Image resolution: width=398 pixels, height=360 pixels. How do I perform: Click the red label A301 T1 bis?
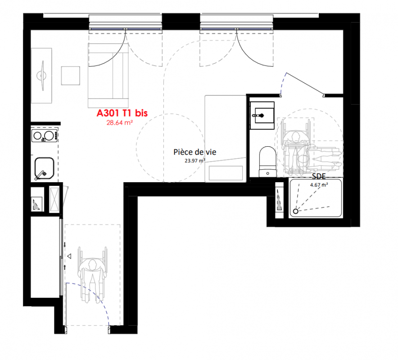coord(122,113)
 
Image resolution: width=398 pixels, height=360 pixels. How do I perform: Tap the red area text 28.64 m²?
coord(120,122)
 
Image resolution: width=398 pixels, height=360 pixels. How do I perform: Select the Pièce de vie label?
coord(194,152)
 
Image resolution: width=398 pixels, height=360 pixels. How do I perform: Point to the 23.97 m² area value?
coord(194,161)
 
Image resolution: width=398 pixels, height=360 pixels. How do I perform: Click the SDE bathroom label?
coord(319,176)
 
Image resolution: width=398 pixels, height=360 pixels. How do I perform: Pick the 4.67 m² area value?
coord(319,185)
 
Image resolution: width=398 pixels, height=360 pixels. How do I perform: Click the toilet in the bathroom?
coord(268,162)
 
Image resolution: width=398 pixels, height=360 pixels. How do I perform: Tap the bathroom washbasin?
coord(262,116)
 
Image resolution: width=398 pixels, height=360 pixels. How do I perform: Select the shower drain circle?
coord(295,211)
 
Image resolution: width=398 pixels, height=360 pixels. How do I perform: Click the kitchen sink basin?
coord(45,168)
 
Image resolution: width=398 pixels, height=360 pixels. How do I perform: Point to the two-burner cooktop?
coord(45,136)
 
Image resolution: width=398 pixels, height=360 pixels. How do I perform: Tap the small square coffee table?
coord(71,76)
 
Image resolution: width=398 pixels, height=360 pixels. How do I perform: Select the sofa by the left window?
coord(109,75)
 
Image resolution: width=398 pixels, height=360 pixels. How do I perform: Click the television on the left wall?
coord(42,76)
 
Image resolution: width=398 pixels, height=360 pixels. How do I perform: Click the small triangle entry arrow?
coord(69,256)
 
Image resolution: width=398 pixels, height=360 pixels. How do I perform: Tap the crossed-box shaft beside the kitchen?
coord(54,199)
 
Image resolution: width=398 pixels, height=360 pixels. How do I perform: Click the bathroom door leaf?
coord(305,84)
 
